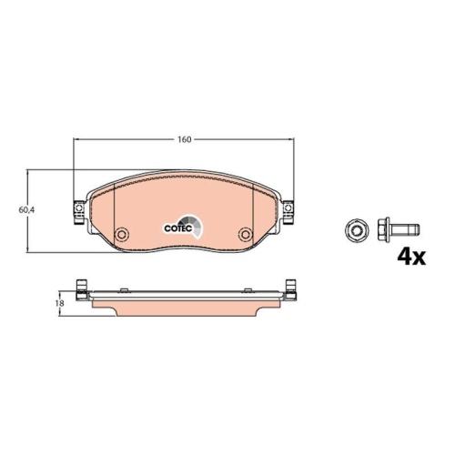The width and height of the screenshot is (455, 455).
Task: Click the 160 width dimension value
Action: pyautogui.click(x=185, y=141)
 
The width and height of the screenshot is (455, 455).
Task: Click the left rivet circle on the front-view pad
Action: pyautogui.click(x=119, y=234)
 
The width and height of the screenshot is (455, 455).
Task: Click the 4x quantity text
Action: pyautogui.click(x=410, y=257)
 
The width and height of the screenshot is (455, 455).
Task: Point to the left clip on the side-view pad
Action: pyautogui.click(x=82, y=291)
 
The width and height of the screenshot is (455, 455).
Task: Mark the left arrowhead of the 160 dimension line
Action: pyautogui.click(x=76, y=141)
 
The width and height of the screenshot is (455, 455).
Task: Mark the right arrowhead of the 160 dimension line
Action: pyautogui.click(x=290, y=141)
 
